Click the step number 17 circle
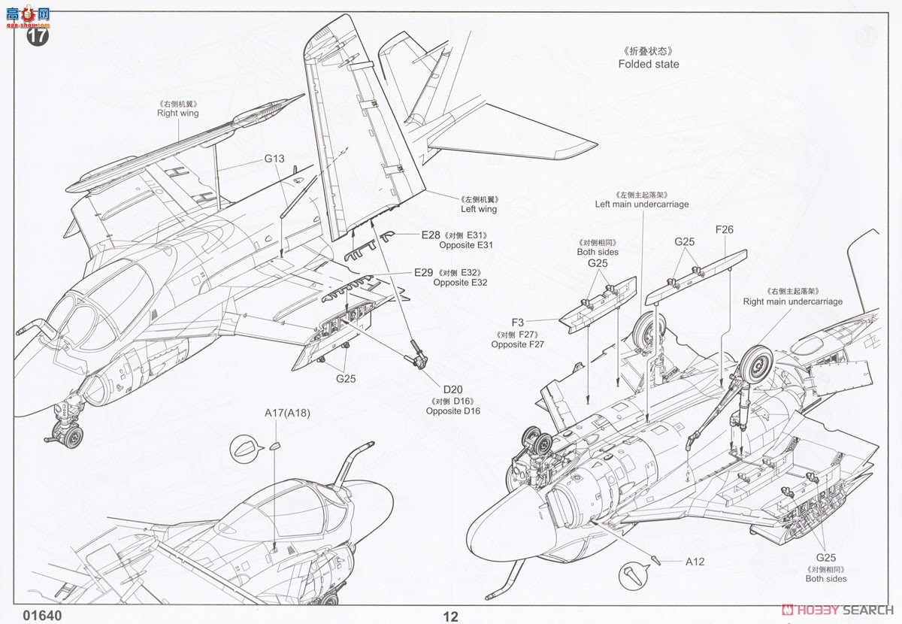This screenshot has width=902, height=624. pyautogui.click(x=38, y=35)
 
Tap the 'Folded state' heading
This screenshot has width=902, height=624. pyautogui.click(x=648, y=64)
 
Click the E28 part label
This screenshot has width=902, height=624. pyautogui.click(x=431, y=235)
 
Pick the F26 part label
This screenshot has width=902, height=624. pyautogui.click(x=724, y=230)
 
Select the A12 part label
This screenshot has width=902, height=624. pyautogui.click(x=695, y=562)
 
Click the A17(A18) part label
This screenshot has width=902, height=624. pyautogui.click(x=287, y=413)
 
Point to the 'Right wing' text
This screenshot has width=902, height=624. pyautogui.click(x=177, y=114)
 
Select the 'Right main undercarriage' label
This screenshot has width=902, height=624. pyautogui.click(x=792, y=301)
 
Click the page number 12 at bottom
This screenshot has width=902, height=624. pyautogui.click(x=450, y=617)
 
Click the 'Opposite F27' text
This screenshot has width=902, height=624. pyautogui.click(x=518, y=344)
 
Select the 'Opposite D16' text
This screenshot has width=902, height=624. pyautogui.click(x=453, y=411)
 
